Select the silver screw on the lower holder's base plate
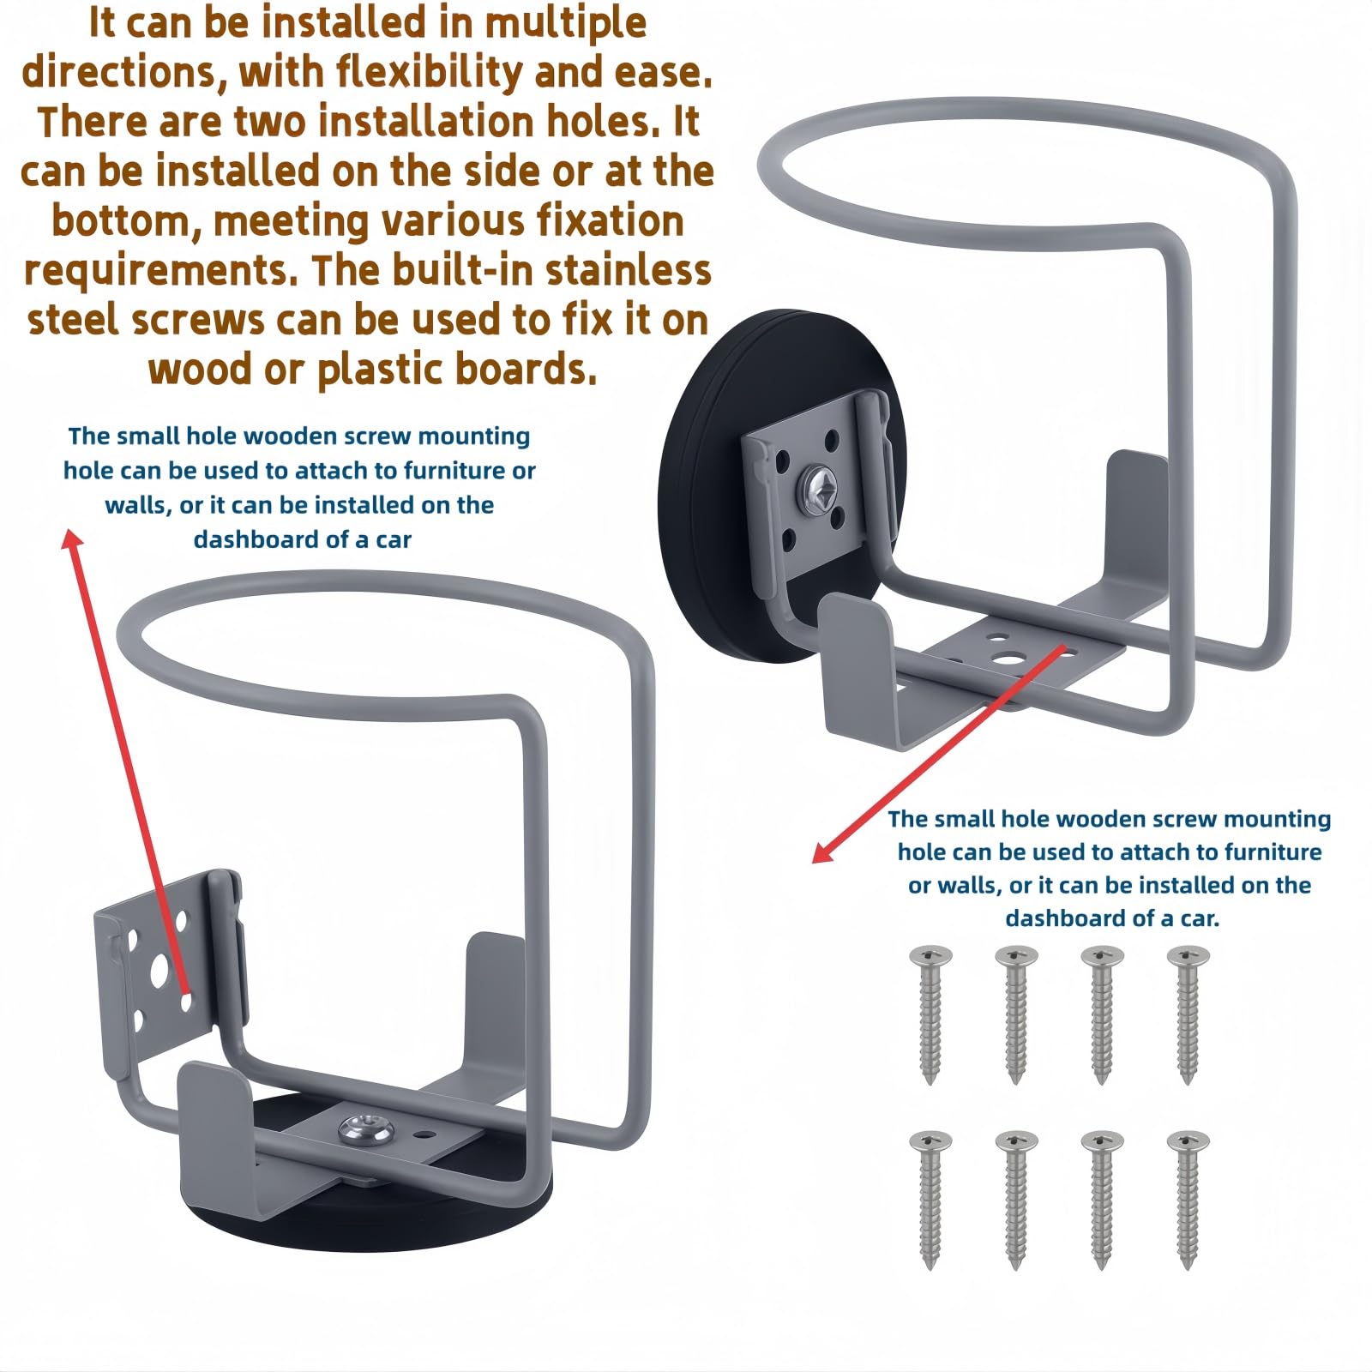[x=361, y=1131]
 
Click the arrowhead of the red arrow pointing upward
[x=72, y=539]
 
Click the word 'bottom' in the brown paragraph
[x=124, y=221]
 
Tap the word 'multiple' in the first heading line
[x=565, y=22]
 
